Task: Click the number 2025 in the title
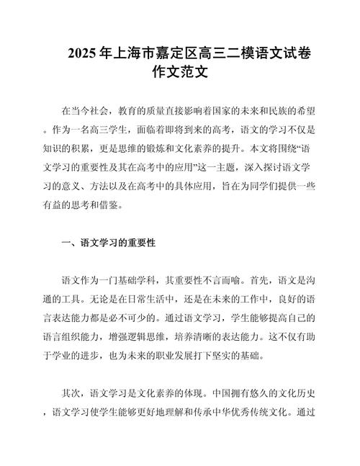click(84, 54)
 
